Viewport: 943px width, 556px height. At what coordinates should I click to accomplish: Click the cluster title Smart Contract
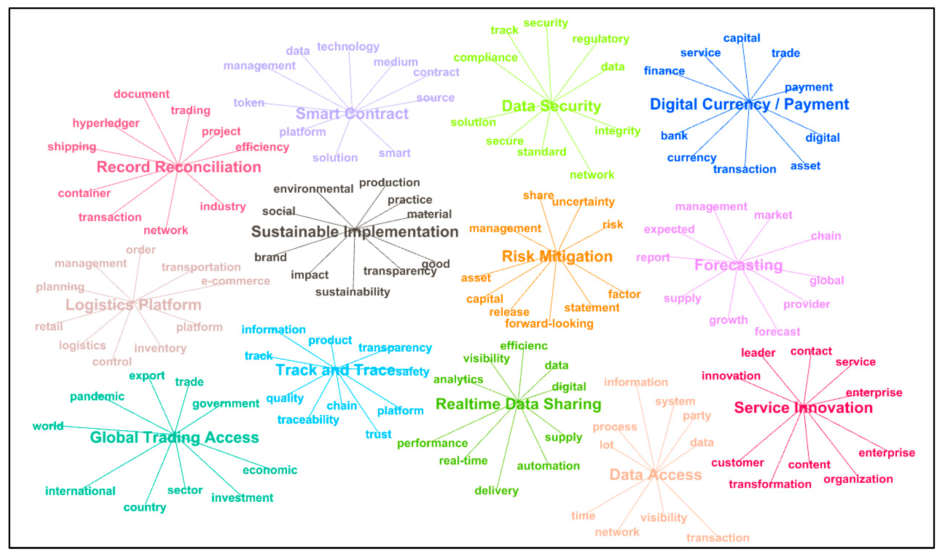(352, 114)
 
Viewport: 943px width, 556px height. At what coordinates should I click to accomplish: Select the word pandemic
(97, 396)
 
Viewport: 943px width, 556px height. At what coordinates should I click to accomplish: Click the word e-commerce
(235, 281)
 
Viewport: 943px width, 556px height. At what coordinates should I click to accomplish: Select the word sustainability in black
(352, 292)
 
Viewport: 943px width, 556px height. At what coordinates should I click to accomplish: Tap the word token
(249, 103)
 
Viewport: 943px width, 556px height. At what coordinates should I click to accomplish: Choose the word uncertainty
(583, 202)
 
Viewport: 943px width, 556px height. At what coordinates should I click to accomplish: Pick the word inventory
(160, 348)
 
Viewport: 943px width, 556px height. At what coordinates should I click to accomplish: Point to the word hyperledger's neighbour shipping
(72, 146)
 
